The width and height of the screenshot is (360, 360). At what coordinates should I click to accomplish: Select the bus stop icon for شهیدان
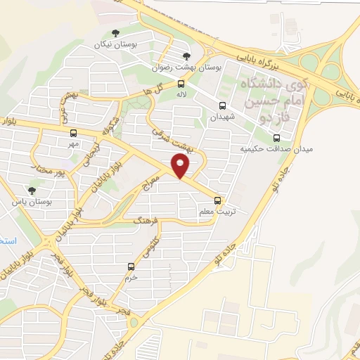pyautogui.click(x=223, y=106)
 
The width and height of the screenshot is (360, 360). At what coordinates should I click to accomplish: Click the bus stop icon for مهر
pyautogui.click(x=73, y=131)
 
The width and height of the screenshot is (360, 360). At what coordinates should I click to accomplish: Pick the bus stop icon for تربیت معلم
pyautogui.click(x=225, y=200)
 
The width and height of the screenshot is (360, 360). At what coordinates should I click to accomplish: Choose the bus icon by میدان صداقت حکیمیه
pyautogui.click(x=275, y=137)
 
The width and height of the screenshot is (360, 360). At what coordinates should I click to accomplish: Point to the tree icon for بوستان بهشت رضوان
pyautogui.click(x=186, y=57)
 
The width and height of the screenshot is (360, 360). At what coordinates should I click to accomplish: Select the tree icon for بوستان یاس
pyautogui.click(x=31, y=190)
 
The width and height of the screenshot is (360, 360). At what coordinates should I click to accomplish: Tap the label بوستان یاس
pyautogui.click(x=30, y=202)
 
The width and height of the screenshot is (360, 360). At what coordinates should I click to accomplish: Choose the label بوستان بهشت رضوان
pyautogui.click(x=190, y=69)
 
